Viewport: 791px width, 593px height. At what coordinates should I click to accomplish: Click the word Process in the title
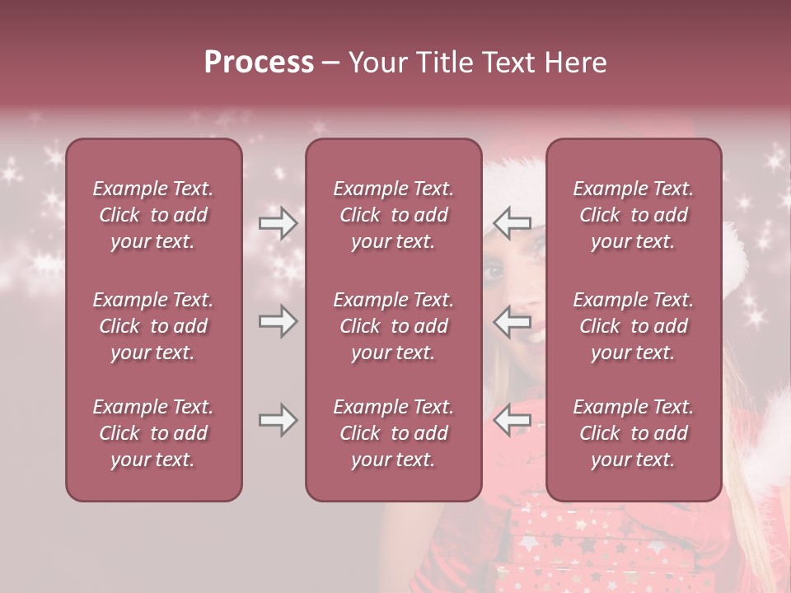[x=259, y=63]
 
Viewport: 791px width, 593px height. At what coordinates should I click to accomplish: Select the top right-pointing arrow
[x=278, y=223]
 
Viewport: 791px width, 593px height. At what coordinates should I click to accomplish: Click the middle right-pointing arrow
[x=278, y=321]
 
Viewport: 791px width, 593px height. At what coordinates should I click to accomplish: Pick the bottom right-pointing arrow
[x=278, y=420]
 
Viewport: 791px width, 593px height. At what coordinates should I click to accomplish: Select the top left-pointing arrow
[x=512, y=223]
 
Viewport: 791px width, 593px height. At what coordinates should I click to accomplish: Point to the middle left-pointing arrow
[x=512, y=321]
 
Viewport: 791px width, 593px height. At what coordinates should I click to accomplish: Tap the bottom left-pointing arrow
[x=512, y=420]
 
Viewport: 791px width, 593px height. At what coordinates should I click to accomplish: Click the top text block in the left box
[x=153, y=215]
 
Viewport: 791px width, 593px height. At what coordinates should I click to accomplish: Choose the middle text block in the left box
[x=153, y=326]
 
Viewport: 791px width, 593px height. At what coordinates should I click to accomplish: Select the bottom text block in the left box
[x=153, y=433]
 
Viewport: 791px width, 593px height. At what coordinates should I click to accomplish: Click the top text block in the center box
[x=393, y=215]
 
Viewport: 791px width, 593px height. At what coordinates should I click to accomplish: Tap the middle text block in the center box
[x=393, y=326]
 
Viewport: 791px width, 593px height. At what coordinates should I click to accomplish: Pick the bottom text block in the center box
[x=393, y=433]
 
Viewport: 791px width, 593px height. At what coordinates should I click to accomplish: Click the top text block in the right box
[x=634, y=215]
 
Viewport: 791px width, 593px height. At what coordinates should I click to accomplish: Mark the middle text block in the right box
[x=634, y=326]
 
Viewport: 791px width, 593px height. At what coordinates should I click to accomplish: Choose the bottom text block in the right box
[x=634, y=433]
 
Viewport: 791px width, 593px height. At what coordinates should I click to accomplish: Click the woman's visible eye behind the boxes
[x=494, y=268]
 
